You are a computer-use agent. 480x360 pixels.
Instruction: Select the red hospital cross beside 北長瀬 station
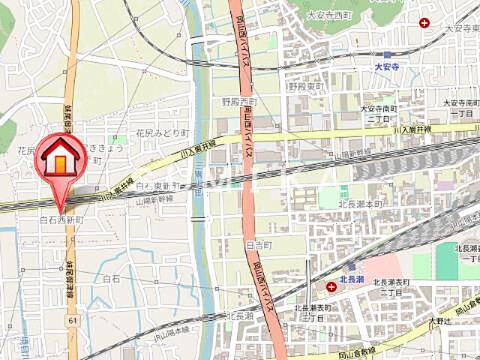coord(331,286)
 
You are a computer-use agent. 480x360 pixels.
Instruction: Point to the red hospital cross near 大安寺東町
coord(425,23)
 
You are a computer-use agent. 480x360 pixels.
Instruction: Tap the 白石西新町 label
coord(61,221)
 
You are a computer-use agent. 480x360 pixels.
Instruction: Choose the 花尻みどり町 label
coord(161,132)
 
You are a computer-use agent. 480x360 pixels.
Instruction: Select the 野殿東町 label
coord(307,86)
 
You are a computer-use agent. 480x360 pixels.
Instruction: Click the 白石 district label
coord(112,278)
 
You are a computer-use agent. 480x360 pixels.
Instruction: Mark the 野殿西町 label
coord(238,101)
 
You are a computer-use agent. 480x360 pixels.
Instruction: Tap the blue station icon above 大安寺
coord(387,54)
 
